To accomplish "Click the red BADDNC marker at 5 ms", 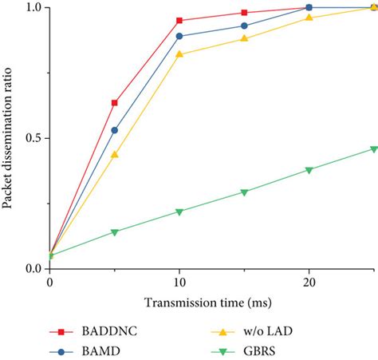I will click(115, 103).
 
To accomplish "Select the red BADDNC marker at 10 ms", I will click(179, 21).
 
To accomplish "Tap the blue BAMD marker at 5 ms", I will click(115, 130).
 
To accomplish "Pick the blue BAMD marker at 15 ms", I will click(245, 26).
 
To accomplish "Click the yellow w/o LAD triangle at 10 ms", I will click(179, 54).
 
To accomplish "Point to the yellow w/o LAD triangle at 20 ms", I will click(309, 18).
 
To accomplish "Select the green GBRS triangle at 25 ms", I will click(374, 149).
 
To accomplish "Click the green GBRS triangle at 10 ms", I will click(179, 212).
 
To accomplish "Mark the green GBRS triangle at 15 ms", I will click(245, 192).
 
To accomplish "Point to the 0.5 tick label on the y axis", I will click(33, 138).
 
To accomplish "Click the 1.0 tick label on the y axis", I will click(33, 8).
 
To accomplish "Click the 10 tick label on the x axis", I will click(179, 282).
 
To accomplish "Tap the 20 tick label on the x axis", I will click(309, 282).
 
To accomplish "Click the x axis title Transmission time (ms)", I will click(212, 303).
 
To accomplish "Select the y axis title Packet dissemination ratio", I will click(9, 138).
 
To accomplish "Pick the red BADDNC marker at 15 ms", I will click(245, 13).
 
